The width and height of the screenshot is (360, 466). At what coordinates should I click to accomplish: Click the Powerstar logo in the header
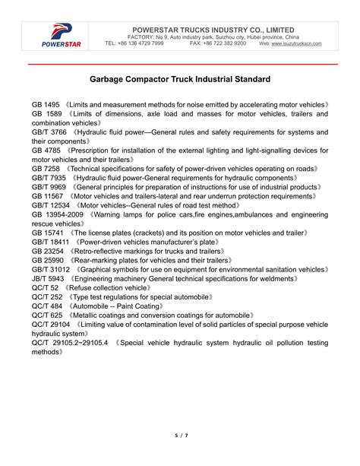(x=60, y=35)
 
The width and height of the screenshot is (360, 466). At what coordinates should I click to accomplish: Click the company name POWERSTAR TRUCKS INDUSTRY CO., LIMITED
(x=213, y=28)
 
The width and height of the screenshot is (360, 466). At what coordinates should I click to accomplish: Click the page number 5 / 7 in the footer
(x=180, y=434)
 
